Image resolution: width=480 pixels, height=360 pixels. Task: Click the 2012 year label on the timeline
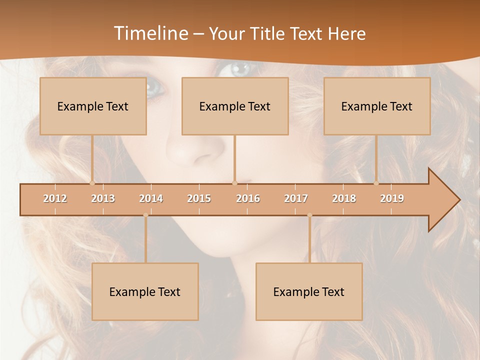pyautogui.click(x=55, y=198)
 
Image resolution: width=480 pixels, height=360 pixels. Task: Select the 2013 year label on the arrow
pyautogui.click(x=103, y=198)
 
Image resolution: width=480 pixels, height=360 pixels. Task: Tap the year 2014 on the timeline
pyautogui.click(x=151, y=198)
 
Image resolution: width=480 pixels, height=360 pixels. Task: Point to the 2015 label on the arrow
pyautogui.click(x=199, y=198)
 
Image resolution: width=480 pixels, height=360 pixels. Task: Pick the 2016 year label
pyautogui.click(x=248, y=198)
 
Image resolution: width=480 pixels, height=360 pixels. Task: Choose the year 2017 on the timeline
pyautogui.click(x=296, y=198)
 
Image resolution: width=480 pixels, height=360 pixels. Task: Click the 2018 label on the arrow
pyautogui.click(x=344, y=198)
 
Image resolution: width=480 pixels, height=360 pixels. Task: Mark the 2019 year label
pyautogui.click(x=392, y=198)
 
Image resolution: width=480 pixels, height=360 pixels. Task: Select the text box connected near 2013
pyautogui.click(x=93, y=106)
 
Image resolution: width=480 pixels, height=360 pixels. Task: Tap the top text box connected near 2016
pyautogui.click(x=235, y=106)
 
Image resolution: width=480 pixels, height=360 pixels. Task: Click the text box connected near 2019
pyautogui.click(x=377, y=106)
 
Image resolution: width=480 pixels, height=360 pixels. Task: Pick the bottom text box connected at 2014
pyautogui.click(x=145, y=291)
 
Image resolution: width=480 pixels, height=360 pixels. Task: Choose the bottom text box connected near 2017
pyautogui.click(x=309, y=291)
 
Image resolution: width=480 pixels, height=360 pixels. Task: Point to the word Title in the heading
pyautogui.click(x=268, y=33)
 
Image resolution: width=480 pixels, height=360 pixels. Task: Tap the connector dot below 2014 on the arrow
pyautogui.click(x=145, y=215)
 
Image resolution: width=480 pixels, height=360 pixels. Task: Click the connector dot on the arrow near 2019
pyautogui.click(x=376, y=183)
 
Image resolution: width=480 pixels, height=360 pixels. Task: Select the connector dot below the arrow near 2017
pyautogui.click(x=309, y=215)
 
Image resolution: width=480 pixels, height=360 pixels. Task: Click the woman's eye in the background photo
pyautogui.click(x=240, y=69)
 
